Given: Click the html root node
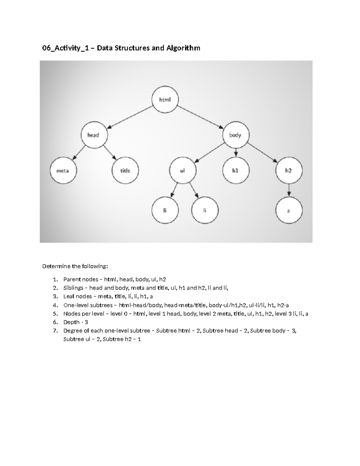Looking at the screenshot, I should pos(165,100).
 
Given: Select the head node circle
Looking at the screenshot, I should pos(93,135).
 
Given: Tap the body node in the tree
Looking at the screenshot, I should pos(235,135).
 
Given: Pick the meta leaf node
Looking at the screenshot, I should pos(63,171).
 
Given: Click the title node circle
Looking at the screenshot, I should pos(125,171).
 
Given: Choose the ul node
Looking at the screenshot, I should pos(182,171).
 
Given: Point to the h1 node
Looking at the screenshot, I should pos(235,171).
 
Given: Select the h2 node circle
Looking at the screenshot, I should pos(289,171).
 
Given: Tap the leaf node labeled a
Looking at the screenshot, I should pos(289,211).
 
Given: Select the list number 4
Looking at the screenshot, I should pos(55,305).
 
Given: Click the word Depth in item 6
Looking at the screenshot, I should pos(71,322).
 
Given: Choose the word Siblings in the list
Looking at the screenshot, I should pos(73,288).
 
